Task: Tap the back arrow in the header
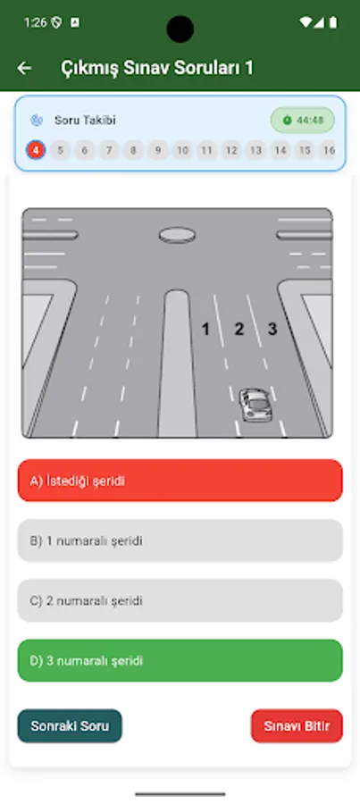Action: point(24,68)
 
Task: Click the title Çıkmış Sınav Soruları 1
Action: point(156,68)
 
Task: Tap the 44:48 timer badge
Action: point(303,120)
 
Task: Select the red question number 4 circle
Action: point(36,150)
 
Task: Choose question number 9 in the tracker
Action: point(158,150)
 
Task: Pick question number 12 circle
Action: point(231,150)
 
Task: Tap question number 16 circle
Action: point(329,150)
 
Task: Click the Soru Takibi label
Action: point(85,120)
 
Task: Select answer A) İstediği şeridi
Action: point(180,481)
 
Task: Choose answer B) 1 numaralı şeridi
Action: point(180,540)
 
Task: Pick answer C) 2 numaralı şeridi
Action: point(180,600)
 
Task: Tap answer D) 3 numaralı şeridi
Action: point(180,660)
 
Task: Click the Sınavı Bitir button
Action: point(297,726)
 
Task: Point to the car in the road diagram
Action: point(255,404)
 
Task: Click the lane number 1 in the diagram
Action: point(205,329)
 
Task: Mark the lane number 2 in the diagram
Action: point(239,329)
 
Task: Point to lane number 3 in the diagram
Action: point(272,329)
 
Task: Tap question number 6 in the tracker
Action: point(85,150)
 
